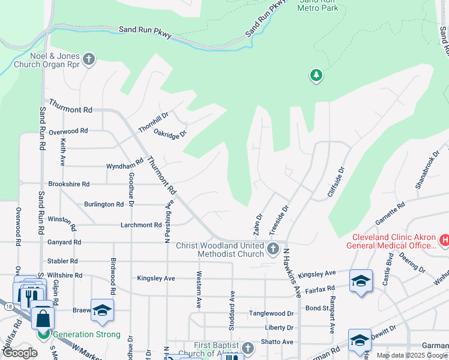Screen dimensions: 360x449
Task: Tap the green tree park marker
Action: [316, 76]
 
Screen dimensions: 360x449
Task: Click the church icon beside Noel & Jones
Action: [89, 59]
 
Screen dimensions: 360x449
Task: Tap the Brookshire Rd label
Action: [69, 184]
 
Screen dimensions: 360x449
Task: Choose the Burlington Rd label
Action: [104, 204]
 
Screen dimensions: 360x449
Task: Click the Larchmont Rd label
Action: [142, 225]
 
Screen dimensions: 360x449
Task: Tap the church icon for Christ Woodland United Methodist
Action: [273, 249]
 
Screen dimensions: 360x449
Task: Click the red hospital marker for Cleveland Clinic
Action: [444, 241]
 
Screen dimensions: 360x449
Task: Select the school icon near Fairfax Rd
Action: [361, 281]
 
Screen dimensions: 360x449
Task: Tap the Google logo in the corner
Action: [20, 353]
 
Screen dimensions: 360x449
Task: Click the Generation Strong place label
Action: [86, 334]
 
